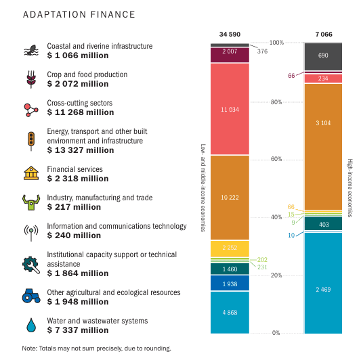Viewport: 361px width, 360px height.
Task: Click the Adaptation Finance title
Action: coord(79,14)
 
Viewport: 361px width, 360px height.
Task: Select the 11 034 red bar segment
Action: coord(230,109)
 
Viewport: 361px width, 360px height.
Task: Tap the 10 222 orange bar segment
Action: coord(230,198)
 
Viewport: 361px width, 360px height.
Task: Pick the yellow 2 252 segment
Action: coord(230,249)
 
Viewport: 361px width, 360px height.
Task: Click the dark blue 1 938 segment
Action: coord(230,283)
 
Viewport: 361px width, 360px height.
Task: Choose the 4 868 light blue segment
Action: coord(230,313)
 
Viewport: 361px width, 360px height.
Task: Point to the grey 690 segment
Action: coord(323,57)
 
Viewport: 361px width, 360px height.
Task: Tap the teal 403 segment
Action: coord(323,223)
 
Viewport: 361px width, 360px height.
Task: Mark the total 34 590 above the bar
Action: coord(230,35)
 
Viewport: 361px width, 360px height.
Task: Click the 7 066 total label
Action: coord(324,35)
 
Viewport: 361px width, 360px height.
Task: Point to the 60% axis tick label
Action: coord(276,159)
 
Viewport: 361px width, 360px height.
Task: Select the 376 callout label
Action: coord(262,51)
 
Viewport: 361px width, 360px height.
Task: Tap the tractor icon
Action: coord(31,296)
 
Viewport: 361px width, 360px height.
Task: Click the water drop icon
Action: coord(31,325)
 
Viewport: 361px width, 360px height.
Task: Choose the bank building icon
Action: coord(31,173)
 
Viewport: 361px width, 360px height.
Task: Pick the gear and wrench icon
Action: coord(31,265)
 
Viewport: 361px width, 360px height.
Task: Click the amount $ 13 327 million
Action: coord(81,150)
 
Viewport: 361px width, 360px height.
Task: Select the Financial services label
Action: coord(75,169)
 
